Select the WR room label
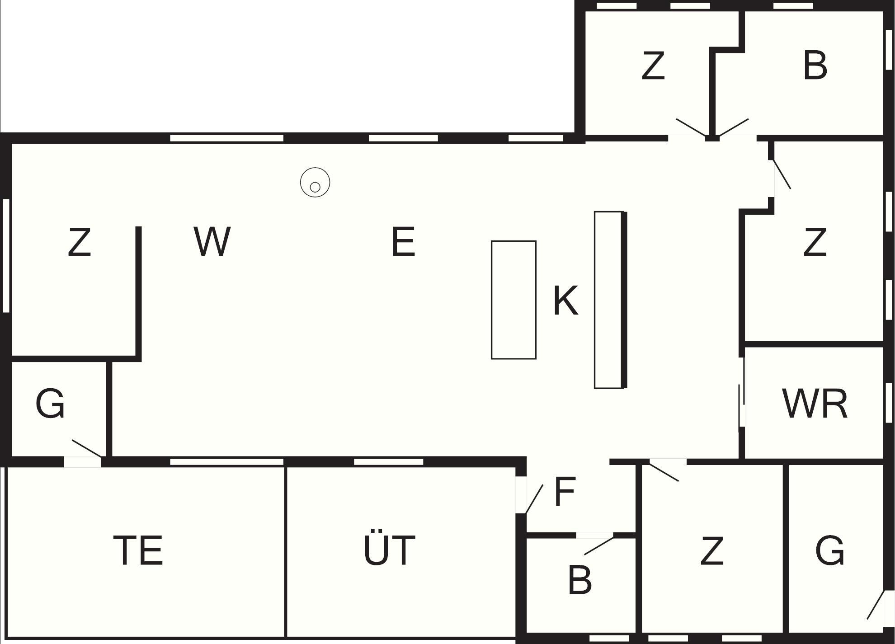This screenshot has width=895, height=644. (x=815, y=404)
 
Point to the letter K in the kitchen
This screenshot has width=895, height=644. (x=566, y=300)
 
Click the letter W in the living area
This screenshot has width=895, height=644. (x=212, y=241)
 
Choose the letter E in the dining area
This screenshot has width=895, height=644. (x=403, y=242)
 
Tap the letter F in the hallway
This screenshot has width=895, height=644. (x=565, y=492)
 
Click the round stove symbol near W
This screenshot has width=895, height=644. (x=315, y=182)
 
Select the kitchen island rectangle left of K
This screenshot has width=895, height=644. (x=513, y=300)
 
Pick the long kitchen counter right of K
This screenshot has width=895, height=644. (x=610, y=300)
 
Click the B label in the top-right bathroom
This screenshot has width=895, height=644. (x=815, y=66)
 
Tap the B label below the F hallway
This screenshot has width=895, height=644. (x=579, y=580)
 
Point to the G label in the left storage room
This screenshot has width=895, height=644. (x=50, y=404)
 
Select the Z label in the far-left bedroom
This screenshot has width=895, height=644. (x=80, y=242)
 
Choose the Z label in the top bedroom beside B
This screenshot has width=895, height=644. (x=653, y=66)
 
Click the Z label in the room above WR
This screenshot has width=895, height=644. (x=815, y=242)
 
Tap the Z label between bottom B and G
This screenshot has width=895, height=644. (x=712, y=550)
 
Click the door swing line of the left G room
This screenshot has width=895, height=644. (x=87, y=448)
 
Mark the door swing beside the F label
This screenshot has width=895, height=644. (x=534, y=499)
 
